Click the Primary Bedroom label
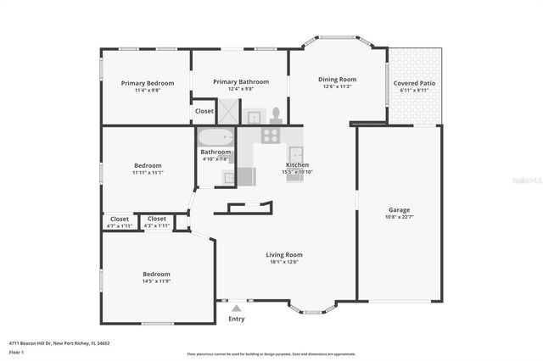pyautogui.click(x=147, y=83)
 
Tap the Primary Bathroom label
pyautogui.click(x=240, y=82)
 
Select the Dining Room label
pyautogui.click(x=336, y=80)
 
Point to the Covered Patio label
pyautogui.click(x=416, y=84)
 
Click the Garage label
pyautogui.click(x=399, y=209)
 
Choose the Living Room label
pyautogui.click(x=284, y=254)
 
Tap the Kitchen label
pyautogui.click(x=297, y=164)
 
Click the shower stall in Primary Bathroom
pyautogui.click(x=228, y=112)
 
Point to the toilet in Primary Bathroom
pyautogui.click(x=275, y=114)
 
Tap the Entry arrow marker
pyautogui.click(x=237, y=309)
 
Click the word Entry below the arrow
pyautogui.click(x=237, y=319)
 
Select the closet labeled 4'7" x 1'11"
pyautogui.click(x=119, y=219)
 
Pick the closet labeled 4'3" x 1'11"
pyautogui.click(x=156, y=219)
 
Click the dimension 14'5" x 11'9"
pyautogui.click(x=155, y=281)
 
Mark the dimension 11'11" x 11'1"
pyautogui.click(x=148, y=173)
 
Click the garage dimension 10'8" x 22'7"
pyautogui.click(x=399, y=217)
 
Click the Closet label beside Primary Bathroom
pyautogui.click(x=204, y=111)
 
